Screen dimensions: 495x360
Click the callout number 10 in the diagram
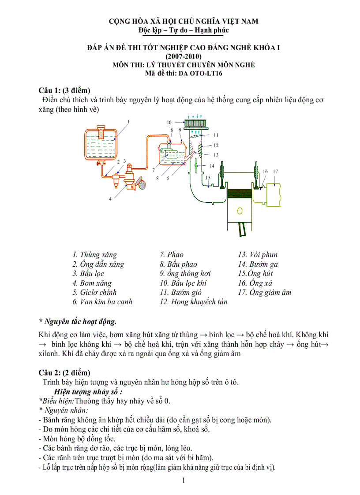169,122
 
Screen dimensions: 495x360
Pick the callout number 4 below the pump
110,199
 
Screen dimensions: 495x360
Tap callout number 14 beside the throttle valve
212,166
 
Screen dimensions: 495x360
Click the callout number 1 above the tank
128,121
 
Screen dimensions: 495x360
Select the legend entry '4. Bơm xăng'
92,283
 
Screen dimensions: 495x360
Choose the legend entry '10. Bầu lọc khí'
183,283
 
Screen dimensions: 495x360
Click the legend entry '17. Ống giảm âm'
265,292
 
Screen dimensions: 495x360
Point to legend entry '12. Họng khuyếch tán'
193,302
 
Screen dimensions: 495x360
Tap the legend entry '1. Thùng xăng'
95,255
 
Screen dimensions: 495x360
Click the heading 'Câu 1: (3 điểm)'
64,90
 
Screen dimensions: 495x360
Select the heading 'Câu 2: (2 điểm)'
64,373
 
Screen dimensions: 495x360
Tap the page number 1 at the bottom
184,481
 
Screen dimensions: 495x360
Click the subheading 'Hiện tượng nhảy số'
88,391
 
